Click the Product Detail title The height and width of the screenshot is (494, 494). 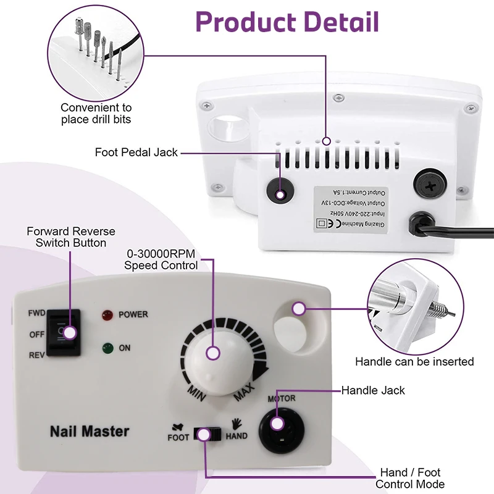pyautogui.click(x=287, y=22)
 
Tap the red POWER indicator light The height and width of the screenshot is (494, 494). pyautogui.click(x=107, y=315)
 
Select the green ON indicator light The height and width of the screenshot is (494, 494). pyautogui.click(x=107, y=348)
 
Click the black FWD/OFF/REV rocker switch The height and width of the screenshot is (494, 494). pyautogui.click(x=65, y=333)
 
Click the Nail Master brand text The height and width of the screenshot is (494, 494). pyautogui.click(x=90, y=430)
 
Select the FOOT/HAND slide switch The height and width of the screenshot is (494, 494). pyautogui.click(x=207, y=434)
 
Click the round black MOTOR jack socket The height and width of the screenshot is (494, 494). pyautogui.click(x=278, y=425)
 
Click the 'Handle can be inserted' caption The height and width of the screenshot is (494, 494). pyautogui.click(x=414, y=361)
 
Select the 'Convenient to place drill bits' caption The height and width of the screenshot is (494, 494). pyautogui.click(x=96, y=114)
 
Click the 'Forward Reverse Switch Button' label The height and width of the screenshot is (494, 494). pyautogui.click(x=70, y=237)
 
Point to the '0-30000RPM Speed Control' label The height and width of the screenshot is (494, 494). pyautogui.click(x=161, y=260)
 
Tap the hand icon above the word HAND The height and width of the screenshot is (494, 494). pyautogui.click(x=237, y=424)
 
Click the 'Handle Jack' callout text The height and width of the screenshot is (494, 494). pyautogui.click(x=373, y=390)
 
